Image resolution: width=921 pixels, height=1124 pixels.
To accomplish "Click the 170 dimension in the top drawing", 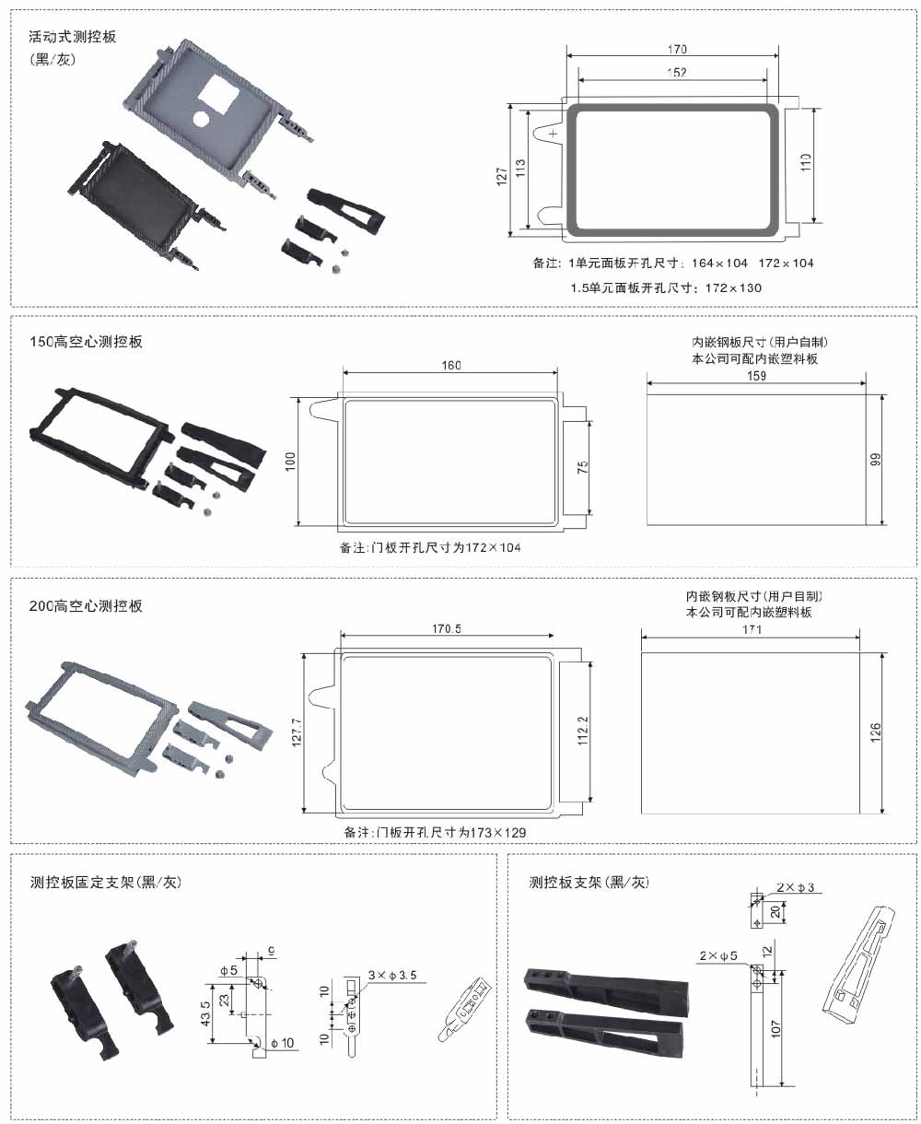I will click(676, 49).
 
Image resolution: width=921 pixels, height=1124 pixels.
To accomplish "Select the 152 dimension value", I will click(676, 73).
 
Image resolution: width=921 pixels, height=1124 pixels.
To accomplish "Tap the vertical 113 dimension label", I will click(520, 169).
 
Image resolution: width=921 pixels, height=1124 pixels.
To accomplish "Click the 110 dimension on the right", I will click(806, 164).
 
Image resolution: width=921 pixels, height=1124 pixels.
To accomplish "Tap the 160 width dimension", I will click(451, 366).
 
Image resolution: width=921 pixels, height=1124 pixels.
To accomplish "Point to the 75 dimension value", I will click(582, 467).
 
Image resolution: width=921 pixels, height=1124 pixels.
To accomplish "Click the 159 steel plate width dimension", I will click(755, 375).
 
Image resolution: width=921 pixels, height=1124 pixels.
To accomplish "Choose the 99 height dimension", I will click(876, 458).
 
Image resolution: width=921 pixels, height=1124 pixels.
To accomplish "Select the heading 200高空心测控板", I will click(87, 606).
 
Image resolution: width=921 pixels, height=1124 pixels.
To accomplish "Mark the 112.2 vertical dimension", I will click(582, 732).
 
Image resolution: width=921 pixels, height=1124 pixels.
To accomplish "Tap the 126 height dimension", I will click(876, 733).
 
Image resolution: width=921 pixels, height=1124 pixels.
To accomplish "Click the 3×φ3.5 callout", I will click(392, 974).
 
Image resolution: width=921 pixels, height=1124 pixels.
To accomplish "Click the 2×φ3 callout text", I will click(795, 887).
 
